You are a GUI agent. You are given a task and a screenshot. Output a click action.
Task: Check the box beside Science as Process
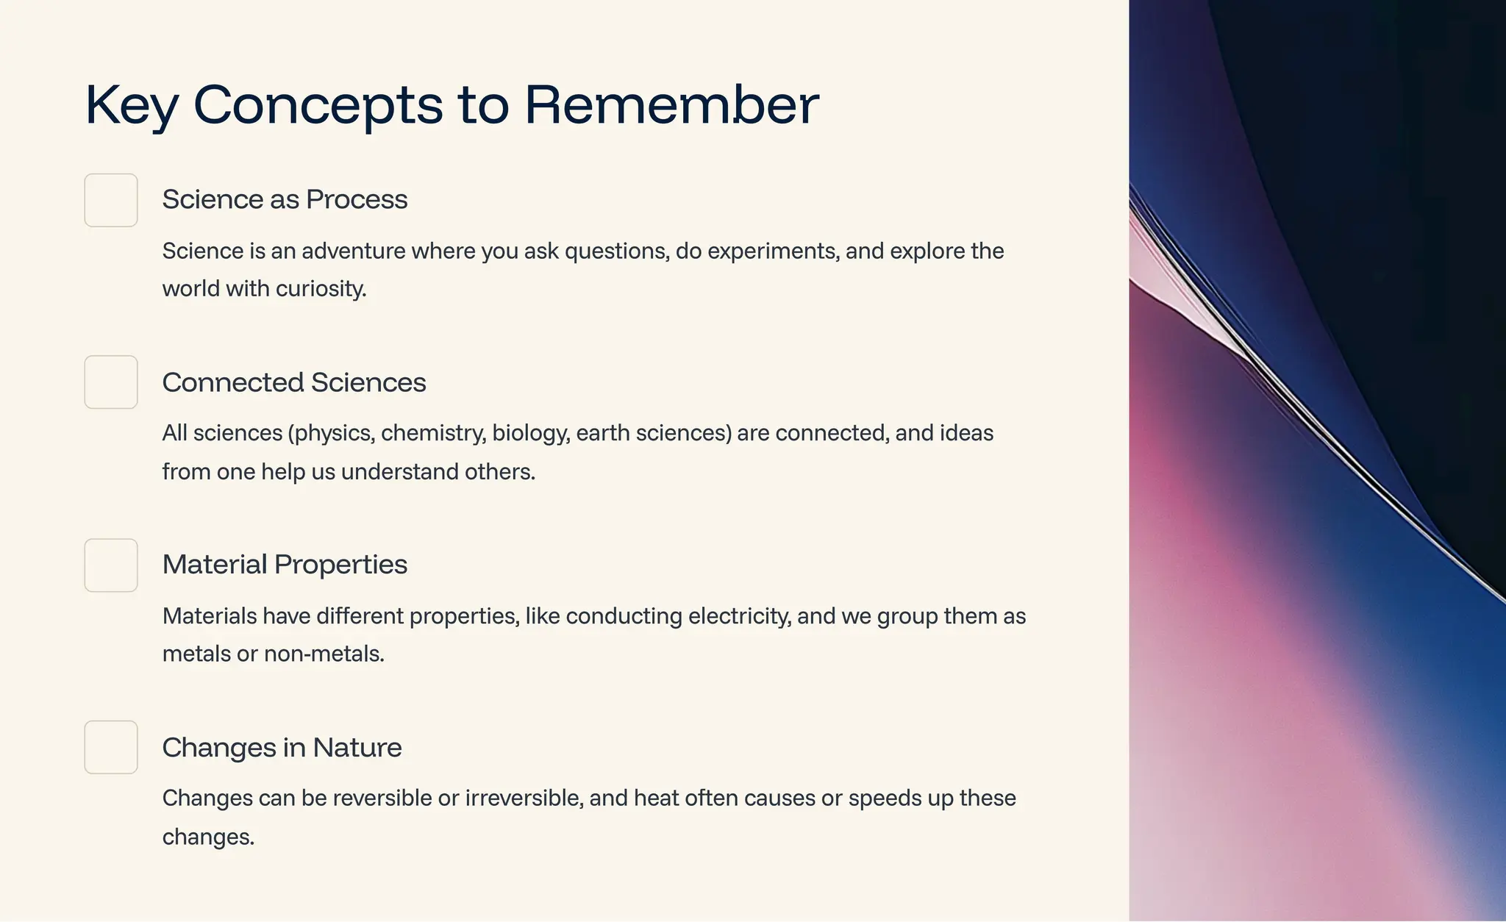click(x=111, y=200)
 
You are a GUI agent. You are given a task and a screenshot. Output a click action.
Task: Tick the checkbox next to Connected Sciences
click(x=111, y=382)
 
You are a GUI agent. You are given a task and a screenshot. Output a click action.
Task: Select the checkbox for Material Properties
click(x=111, y=565)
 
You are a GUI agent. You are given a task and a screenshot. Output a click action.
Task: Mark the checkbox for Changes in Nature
click(x=111, y=747)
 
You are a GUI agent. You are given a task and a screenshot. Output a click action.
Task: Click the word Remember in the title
click(x=671, y=105)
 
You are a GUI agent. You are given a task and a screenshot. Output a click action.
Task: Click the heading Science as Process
click(x=285, y=199)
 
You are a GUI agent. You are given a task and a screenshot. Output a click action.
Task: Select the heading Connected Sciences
click(x=293, y=382)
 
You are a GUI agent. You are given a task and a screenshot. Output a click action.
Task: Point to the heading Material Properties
click(x=285, y=565)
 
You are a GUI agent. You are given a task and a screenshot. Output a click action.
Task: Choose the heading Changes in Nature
click(x=282, y=748)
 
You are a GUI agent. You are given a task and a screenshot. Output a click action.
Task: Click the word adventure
click(x=353, y=251)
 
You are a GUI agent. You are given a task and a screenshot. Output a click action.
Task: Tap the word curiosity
click(x=321, y=289)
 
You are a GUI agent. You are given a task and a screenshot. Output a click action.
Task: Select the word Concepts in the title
click(x=318, y=105)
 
